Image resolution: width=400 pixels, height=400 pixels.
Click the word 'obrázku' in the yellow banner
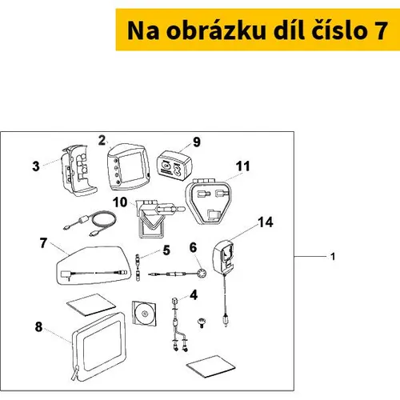tap(216, 30)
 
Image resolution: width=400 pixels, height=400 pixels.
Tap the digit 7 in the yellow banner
tap(381, 30)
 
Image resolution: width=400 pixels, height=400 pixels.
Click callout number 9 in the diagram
tap(197, 142)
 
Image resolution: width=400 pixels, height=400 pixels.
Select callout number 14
tap(266, 222)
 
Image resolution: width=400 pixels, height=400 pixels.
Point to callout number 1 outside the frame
tap(333, 257)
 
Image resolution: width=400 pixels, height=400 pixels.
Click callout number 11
tap(242, 166)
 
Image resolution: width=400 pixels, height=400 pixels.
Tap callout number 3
tap(36, 166)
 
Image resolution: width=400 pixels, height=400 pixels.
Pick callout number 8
tap(38, 327)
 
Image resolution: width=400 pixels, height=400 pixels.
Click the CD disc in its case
tap(144, 314)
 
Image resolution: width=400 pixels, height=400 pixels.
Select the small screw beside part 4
tap(202, 322)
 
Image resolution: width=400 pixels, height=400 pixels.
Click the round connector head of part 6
tap(202, 274)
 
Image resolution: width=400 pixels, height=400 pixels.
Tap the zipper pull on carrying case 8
tap(75, 373)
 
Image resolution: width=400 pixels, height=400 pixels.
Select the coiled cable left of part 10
tap(91, 223)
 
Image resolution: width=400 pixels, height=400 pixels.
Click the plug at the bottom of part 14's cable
tap(226, 319)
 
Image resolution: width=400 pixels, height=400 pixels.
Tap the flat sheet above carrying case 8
tap(91, 305)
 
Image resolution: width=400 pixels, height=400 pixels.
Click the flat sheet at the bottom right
tap(210, 366)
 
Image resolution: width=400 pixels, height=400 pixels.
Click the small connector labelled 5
tap(138, 267)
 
